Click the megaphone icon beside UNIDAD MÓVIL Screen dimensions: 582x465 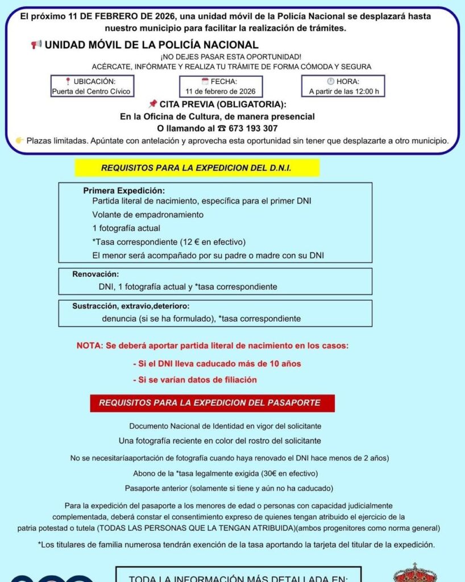36,45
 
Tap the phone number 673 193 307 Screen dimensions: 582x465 251,128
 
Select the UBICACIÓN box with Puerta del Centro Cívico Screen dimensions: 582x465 92,86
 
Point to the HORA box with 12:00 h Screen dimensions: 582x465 343,86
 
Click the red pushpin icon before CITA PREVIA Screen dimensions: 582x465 152,104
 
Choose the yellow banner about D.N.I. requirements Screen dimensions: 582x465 196,168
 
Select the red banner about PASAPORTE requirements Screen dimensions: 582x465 212,403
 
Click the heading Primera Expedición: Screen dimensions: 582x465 124,191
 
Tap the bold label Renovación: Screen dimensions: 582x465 96,274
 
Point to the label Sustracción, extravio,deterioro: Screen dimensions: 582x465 131,306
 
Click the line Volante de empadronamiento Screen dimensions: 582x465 148,215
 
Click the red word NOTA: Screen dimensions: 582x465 90,346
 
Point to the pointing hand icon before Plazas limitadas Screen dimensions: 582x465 20,140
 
